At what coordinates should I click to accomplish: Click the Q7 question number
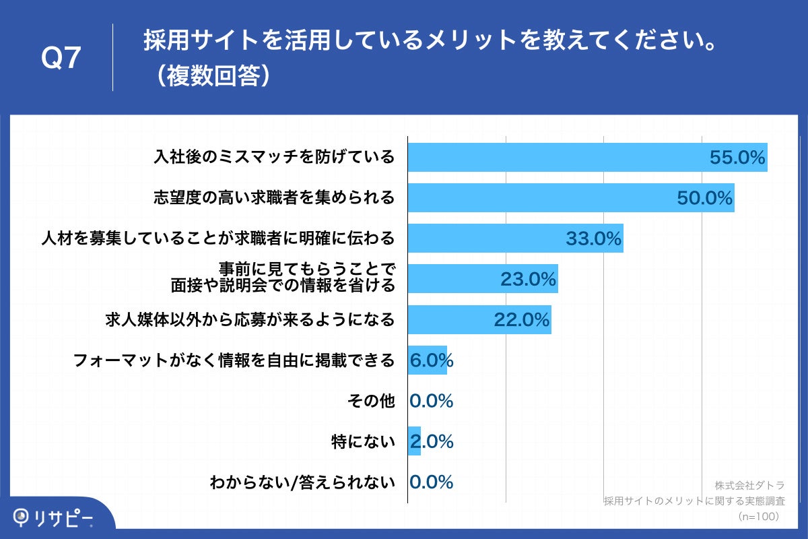(x=61, y=59)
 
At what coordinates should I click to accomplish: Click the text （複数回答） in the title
(x=211, y=75)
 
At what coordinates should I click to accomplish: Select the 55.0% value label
(x=737, y=158)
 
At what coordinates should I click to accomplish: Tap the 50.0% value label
(x=704, y=198)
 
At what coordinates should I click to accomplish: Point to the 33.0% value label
(x=593, y=239)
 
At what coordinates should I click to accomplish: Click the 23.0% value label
(x=528, y=279)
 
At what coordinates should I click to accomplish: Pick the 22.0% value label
(x=522, y=320)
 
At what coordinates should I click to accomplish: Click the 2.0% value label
(x=431, y=442)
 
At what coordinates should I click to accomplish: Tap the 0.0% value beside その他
(x=431, y=402)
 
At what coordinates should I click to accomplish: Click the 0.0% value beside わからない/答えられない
(x=431, y=482)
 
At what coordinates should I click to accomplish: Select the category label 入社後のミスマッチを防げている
(x=273, y=158)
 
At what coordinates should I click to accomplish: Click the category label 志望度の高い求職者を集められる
(x=273, y=198)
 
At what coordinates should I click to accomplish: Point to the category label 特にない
(x=363, y=442)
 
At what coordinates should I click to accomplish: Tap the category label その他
(x=370, y=402)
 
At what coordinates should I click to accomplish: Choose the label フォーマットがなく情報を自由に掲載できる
(x=233, y=361)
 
